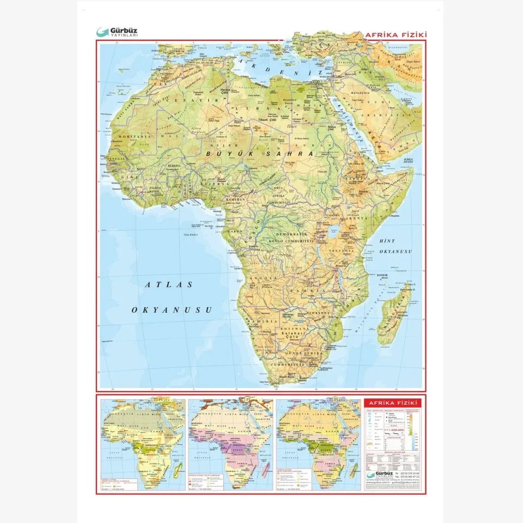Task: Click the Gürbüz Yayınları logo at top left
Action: pyautogui.click(x=117, y=32)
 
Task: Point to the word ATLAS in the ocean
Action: pyautogui.click(x=169, y=284)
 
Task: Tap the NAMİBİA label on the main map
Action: pyautogui.click(x=259, y=322)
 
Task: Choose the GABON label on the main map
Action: pyautogui.click(x=235, y=231)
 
